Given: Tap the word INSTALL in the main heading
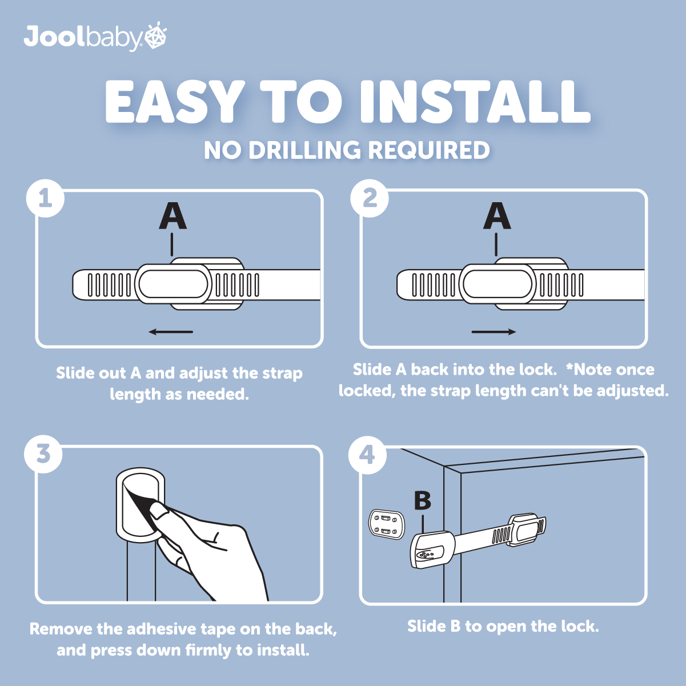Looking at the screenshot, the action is point(475,102).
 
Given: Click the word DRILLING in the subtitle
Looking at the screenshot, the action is point(305,150).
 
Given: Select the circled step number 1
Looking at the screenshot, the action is point(45,198).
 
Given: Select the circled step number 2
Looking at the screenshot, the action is point(370,198).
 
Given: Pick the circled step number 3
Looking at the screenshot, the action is point(43,454).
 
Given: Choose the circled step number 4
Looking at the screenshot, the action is point(367,455).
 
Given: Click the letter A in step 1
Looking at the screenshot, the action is point(172,216).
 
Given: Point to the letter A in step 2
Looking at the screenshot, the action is point(497,216).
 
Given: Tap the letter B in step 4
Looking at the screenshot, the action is point(423,500).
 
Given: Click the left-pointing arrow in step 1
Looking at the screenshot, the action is point(171,332).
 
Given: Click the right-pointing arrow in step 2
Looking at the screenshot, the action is point(494,332).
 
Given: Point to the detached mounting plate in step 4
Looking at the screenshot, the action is point(387,524).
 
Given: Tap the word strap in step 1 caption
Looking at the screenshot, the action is point(282,374).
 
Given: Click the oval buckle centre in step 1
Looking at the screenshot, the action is point(173,284).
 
